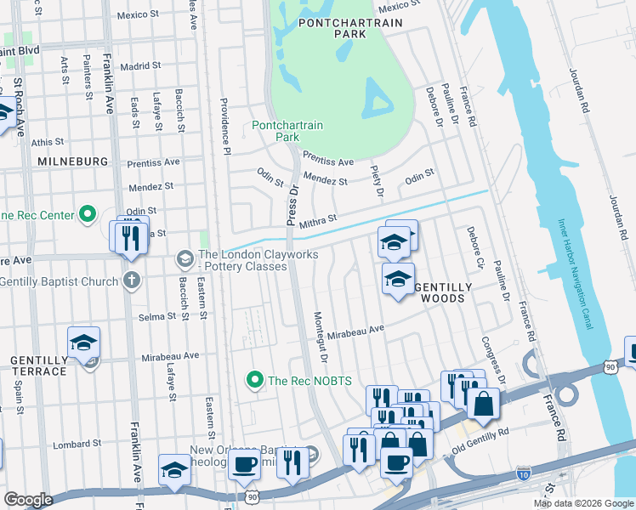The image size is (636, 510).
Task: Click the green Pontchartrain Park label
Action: tap(287, 131)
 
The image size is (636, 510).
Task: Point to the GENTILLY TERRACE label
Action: tap(38, 366)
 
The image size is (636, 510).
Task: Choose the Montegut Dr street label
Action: tap(321, 336)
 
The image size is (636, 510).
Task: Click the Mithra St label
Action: tap(321, 218)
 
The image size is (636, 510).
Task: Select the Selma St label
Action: tap(156, 316)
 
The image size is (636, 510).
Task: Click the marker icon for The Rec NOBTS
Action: tap(253, 380)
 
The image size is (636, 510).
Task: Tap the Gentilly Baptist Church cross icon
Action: tap(132, 280)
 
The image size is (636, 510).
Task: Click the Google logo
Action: tap(28, 500)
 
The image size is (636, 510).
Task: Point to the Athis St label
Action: tap(48, 142)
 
